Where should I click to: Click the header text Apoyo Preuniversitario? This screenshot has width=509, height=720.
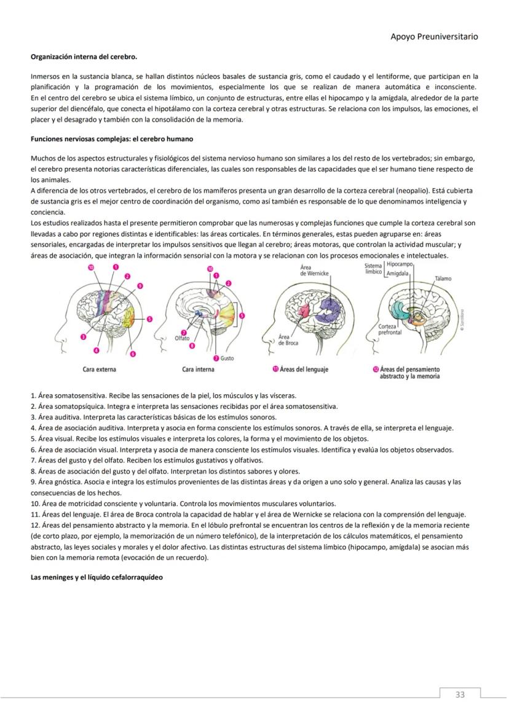pos(434,36)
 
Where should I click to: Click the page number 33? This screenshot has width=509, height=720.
pos(460,695)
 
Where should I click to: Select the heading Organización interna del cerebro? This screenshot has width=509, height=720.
pos(84,57)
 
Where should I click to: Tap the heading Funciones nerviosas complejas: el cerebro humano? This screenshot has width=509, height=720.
pos(112,139)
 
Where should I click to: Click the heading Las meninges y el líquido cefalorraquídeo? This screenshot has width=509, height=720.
pos(97,577)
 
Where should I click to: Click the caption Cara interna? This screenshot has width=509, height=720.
pos(198,370)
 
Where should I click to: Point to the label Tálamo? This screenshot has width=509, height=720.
pos(443,279)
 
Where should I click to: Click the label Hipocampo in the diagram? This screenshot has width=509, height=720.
pos(400,264)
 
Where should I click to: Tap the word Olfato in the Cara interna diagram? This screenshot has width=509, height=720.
pos(183,338)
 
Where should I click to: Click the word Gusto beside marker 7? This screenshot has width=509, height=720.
pos(227,358)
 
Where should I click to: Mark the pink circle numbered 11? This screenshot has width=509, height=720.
pos(275,370)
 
